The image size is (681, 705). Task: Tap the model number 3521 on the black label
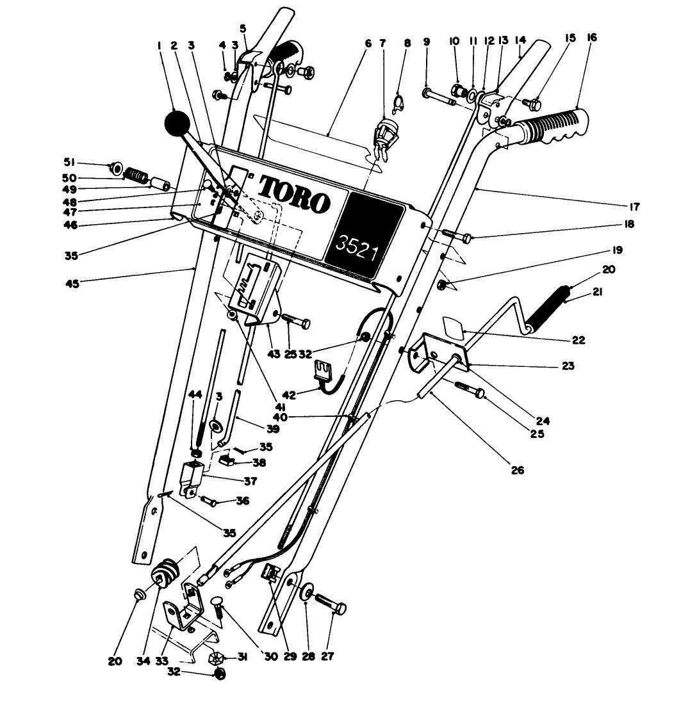[x=357, y=243]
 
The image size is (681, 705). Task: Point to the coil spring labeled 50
[x=135, y=174]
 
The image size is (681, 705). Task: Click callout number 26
[x=518, y=470]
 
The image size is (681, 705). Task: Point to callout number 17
[x=635, y=206]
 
